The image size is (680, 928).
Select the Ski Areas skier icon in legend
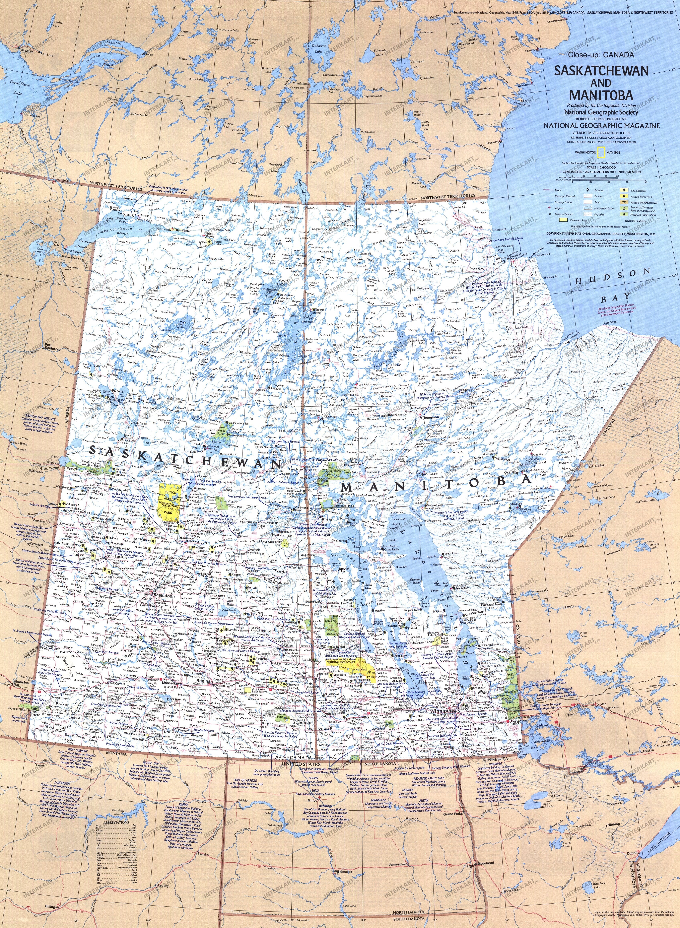[586, 191]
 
